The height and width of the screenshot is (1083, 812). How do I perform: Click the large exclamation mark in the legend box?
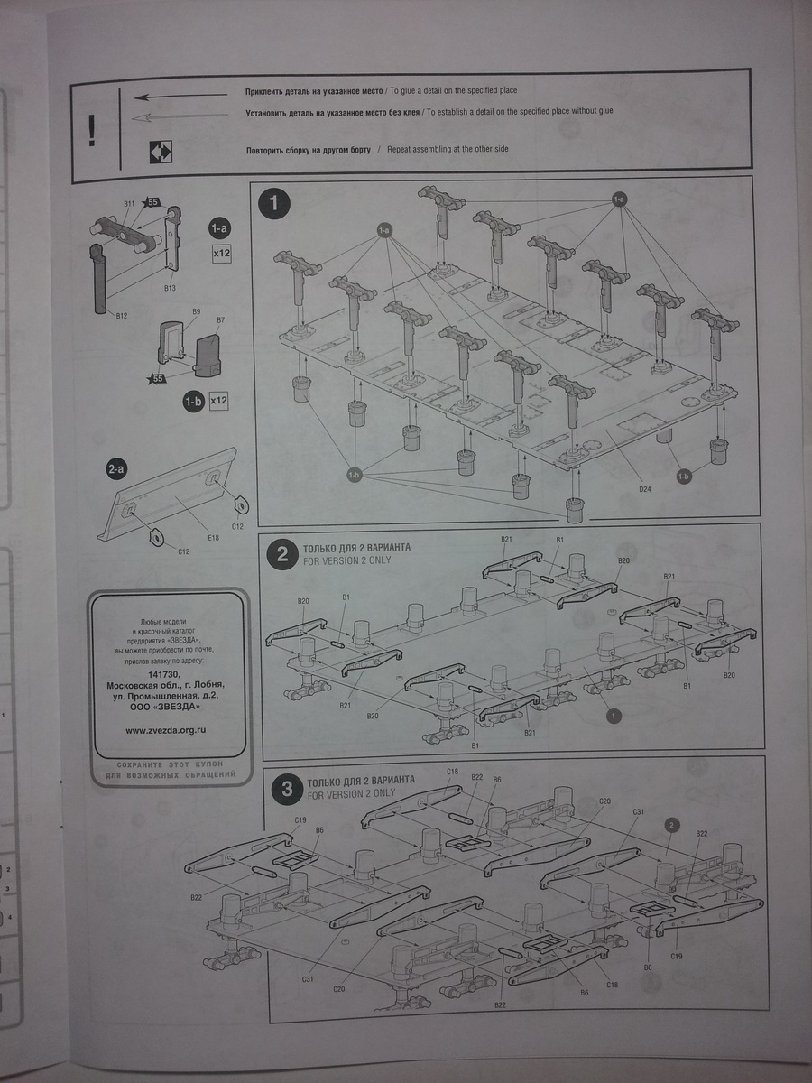(91, 130)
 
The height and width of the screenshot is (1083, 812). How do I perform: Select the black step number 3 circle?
(287, 789)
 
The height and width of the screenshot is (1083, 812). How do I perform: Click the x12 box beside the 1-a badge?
(222, 254)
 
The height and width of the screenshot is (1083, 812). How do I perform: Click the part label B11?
(129, 207)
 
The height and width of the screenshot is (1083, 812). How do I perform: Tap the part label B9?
(196, 311)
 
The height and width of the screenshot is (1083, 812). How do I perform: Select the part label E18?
(213, 538)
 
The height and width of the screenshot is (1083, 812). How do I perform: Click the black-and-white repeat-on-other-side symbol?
(161, 151)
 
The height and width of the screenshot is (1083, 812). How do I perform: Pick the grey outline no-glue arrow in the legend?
(180, 115)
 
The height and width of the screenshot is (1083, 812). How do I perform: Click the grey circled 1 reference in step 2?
(614, 717)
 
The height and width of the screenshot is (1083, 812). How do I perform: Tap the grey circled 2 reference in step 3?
(671, 824)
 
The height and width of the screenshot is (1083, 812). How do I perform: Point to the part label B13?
(169, 287)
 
